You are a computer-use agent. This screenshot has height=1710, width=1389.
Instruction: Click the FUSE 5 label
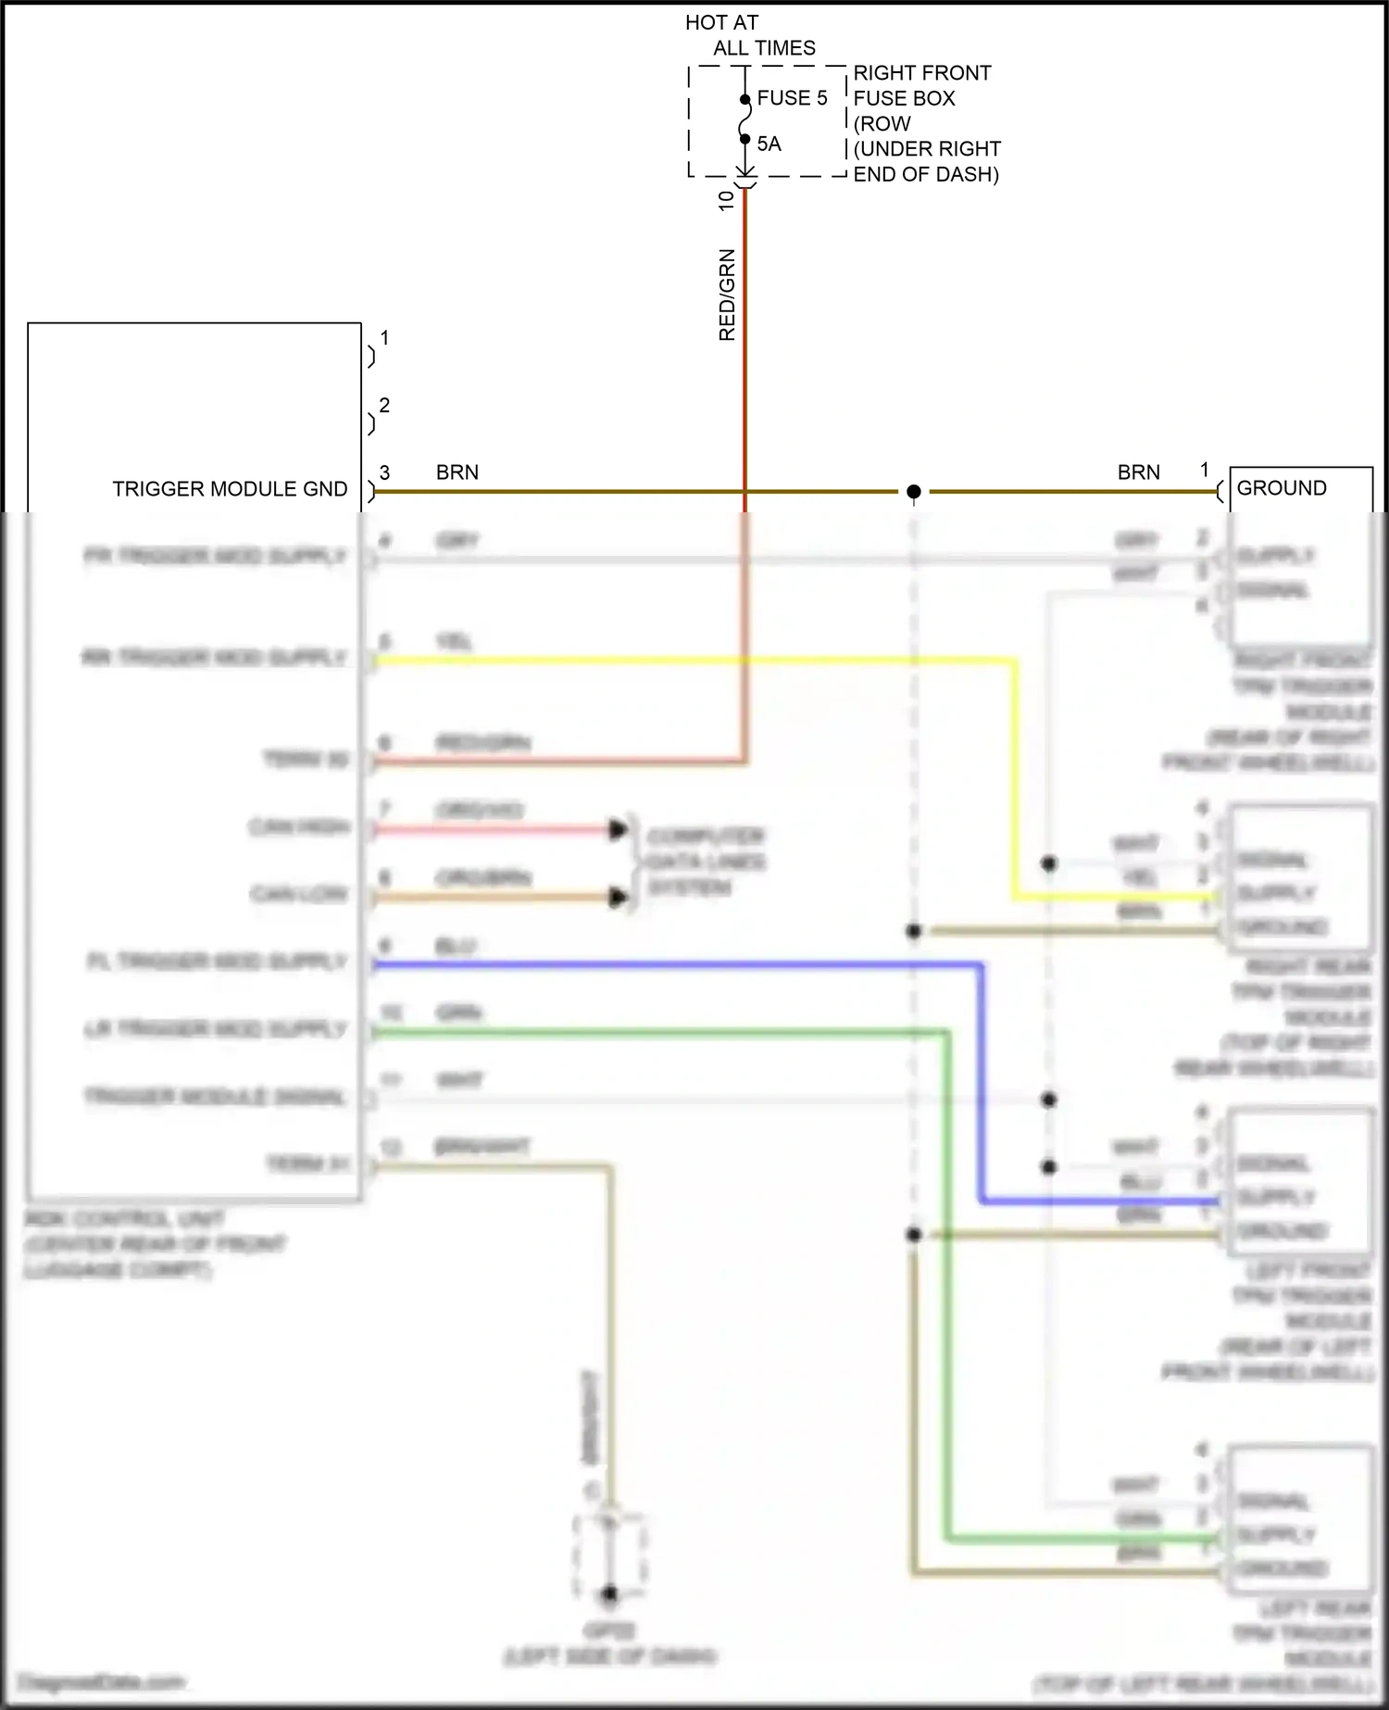tap(792, 98)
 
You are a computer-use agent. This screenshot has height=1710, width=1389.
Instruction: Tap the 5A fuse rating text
tap(769, 145)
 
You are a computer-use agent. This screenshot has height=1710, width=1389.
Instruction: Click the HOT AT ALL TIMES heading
tap(750, 35)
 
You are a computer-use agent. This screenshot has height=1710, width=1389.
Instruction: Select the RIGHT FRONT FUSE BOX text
tap(921, 85)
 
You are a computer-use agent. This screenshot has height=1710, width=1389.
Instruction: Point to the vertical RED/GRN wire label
tap(727, 295)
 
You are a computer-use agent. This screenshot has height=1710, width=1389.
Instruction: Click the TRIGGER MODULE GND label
tap(230, 489)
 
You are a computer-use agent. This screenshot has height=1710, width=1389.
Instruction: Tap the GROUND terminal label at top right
tap(1282, 488)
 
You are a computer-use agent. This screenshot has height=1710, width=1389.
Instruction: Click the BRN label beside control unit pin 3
tap(457, 472)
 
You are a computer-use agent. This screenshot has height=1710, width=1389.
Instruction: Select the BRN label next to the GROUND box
tap(1138, 472)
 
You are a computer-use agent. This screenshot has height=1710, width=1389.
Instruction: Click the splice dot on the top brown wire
tap(914, 492)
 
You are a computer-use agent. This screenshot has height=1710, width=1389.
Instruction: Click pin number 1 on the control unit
tap(384, 338)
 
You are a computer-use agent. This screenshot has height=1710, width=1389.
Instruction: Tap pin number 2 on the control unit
tap(384, 406)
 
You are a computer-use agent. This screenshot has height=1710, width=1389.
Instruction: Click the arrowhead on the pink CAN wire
tap(618, 829)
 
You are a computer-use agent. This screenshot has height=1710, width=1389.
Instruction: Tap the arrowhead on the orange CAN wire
tap(618, 897)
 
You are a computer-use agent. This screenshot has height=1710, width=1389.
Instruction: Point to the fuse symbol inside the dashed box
tap(745, 119)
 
